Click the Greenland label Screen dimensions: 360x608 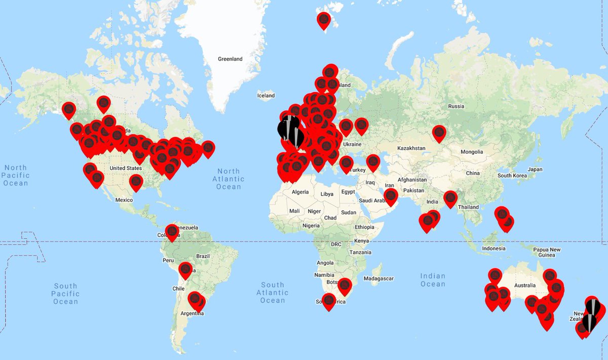(230, 59)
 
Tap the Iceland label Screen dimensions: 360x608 (266, 95)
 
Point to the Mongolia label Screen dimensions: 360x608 (471, 152)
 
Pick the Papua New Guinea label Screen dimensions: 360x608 (548, 253)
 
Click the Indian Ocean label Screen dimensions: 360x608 (433, 280)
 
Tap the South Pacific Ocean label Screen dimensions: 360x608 (65, 294)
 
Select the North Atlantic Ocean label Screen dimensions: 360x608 (229, 179)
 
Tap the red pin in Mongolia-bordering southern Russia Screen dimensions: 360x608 (439, 133)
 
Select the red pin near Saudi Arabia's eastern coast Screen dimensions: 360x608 (390, 196)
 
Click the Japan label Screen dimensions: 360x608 (535, 169)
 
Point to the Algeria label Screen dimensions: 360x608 (299, 192)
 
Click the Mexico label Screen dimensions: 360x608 (124, 200)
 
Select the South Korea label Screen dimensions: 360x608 (511, 175)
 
